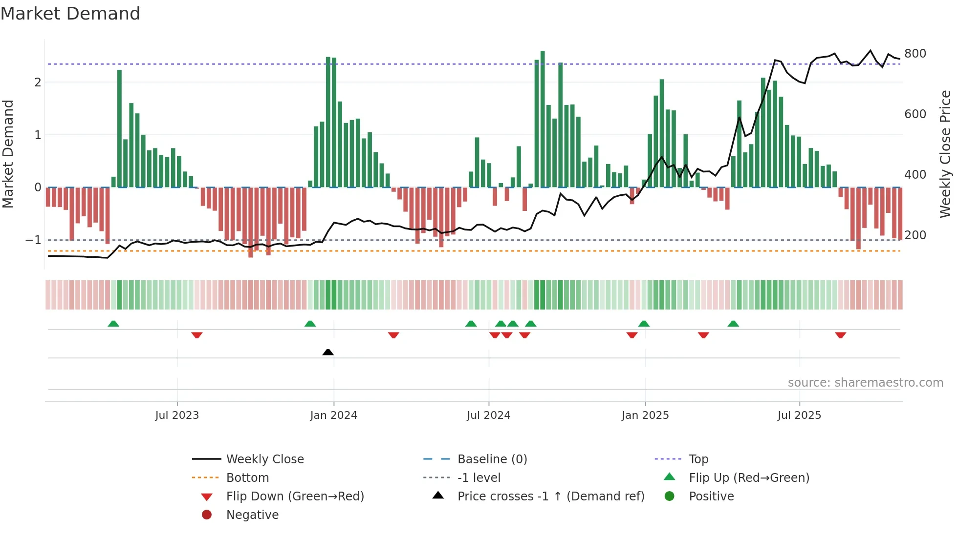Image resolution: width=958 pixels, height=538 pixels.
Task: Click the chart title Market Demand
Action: [70, 14]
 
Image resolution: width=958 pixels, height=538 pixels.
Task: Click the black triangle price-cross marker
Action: [328, 352]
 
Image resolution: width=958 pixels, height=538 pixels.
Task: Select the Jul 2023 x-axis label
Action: [177, 415]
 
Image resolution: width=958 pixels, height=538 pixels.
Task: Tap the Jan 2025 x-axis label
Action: [645, 415]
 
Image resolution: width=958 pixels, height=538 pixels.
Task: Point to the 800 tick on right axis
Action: [915, 54]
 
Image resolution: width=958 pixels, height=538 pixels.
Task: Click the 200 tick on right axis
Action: [915, 235]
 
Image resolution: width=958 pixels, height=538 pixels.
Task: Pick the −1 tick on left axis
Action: [33, 240]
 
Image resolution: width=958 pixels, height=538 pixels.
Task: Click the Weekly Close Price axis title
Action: [945, 154]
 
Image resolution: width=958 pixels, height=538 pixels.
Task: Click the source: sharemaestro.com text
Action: [865, 383]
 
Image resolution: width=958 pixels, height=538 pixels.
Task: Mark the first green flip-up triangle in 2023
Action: [113, 324]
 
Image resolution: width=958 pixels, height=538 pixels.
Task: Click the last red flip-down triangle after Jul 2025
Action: [841, 335]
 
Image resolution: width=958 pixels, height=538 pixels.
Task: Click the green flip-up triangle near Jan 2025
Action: [644, 324]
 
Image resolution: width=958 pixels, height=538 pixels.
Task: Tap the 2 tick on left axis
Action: [38, 83]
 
